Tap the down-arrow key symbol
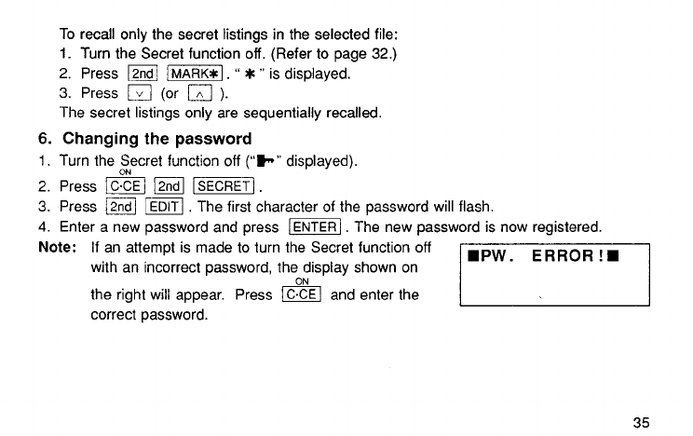click(x=136, y=93)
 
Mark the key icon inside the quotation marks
click(x=270, y=161)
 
